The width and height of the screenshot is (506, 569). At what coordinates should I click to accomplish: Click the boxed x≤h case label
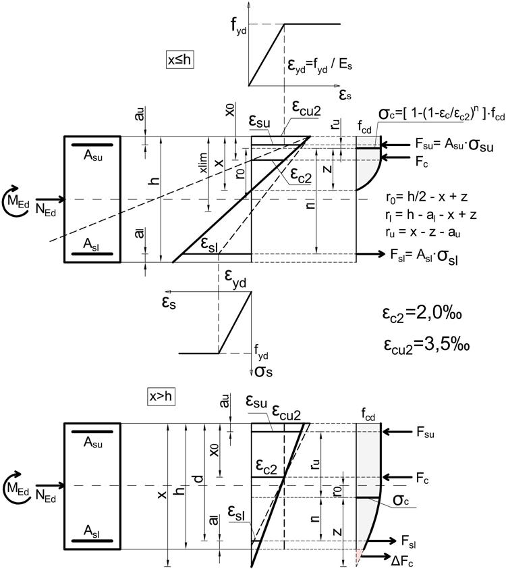181,60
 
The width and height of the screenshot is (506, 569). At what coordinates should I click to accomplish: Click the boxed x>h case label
162,397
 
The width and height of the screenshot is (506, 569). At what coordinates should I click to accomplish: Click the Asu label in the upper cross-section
92,154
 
